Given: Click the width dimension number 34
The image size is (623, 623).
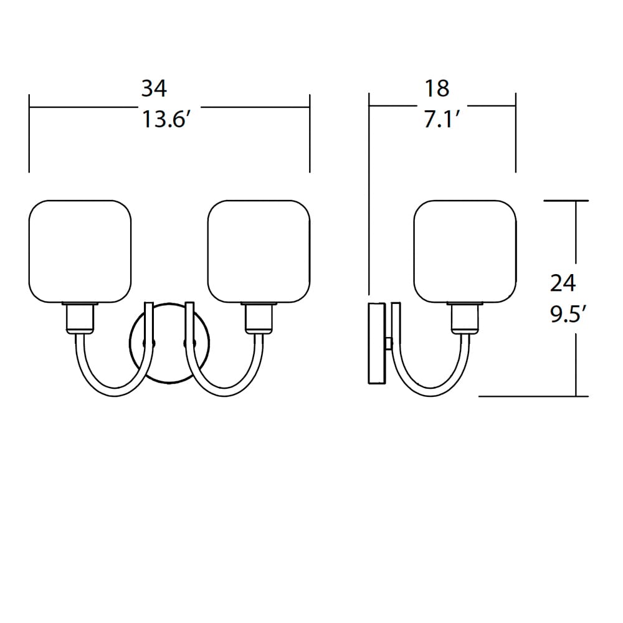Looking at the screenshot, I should pos(154,88).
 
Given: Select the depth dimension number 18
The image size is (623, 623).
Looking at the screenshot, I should pos(437,88).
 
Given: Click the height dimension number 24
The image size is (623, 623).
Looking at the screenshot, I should pos(563,283).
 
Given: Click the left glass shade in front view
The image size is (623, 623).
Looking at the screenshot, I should pos(81,251).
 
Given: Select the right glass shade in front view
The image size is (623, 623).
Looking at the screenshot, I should pos(259,251).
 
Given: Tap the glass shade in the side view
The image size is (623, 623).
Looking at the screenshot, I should pos(465,251).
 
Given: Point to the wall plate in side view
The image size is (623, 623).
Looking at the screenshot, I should pos(377,343).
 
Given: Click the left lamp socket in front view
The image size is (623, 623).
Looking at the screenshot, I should pos(80,317).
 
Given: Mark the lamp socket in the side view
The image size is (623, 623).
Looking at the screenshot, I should pos(465,317).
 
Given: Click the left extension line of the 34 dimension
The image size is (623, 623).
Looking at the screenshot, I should pos(29,134).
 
